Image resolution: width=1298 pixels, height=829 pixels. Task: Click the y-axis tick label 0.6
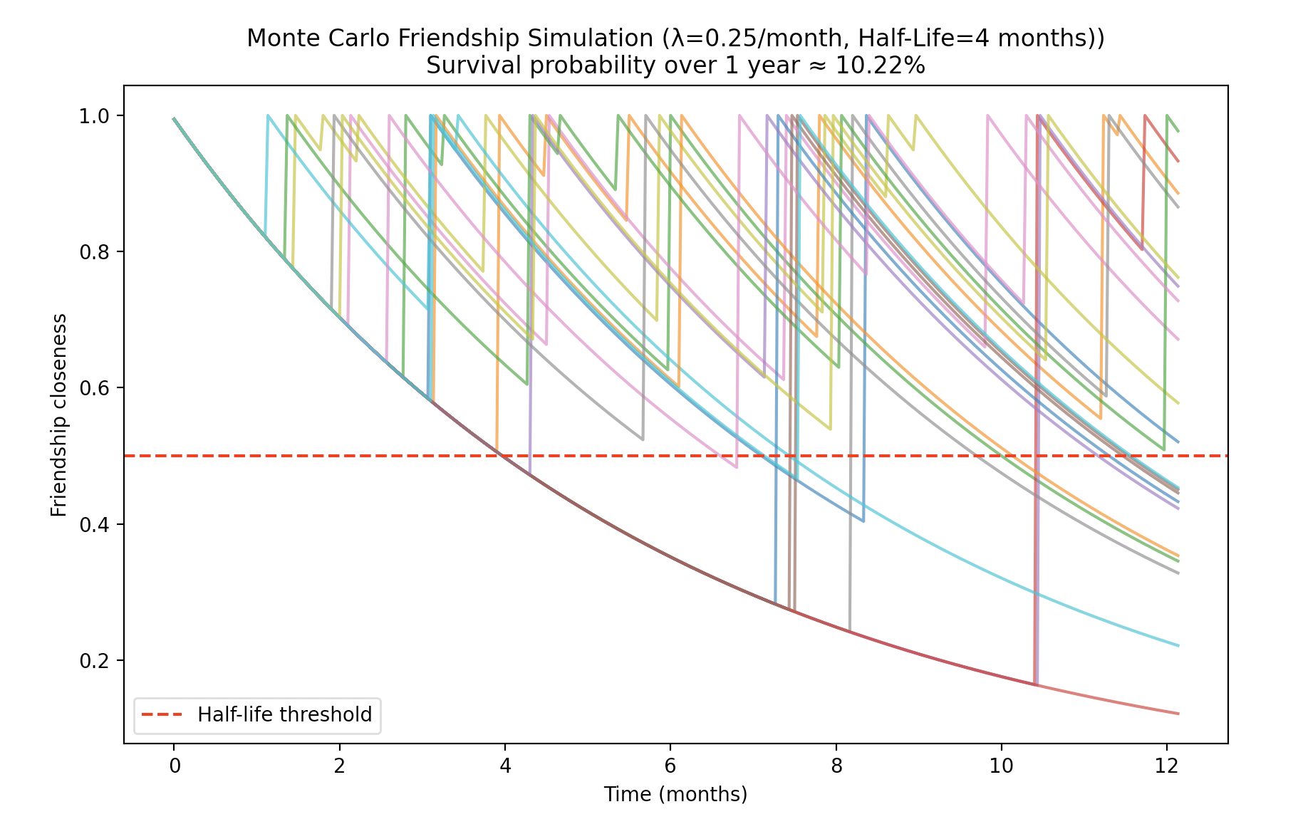93,388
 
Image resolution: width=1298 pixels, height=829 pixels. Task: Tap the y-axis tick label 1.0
93,116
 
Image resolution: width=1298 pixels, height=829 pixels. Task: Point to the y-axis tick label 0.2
93,661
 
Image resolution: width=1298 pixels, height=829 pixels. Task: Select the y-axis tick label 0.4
93,525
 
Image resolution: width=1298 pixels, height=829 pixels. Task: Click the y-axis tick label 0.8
93,252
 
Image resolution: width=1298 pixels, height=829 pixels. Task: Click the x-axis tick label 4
505,766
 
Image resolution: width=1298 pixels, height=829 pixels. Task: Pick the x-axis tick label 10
1001,766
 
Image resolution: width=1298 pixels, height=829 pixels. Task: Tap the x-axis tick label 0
174,766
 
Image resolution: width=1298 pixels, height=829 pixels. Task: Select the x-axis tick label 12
1166,766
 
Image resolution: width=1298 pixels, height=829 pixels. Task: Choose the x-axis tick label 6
670,766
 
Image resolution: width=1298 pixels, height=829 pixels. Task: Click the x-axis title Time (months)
675,794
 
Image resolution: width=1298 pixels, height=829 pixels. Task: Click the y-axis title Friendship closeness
59,414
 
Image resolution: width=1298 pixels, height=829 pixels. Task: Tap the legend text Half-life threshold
285,714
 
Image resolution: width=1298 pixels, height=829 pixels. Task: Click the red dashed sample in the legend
162,715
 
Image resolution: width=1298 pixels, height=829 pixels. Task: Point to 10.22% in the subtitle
880,66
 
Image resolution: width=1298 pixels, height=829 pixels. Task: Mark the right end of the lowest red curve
1178,714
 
